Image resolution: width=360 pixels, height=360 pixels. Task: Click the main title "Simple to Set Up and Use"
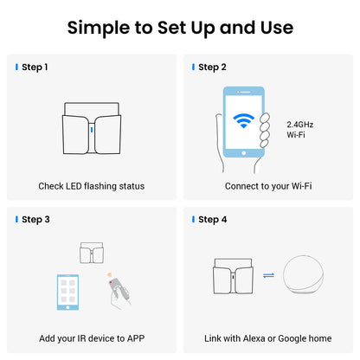click(180, 28)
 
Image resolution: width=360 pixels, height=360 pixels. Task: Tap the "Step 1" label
click(35, 67)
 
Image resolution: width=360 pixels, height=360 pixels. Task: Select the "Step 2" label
click(212, 67)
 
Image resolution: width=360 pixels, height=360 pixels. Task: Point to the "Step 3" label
click(35, 220)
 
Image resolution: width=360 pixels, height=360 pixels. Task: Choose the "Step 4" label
click(213, 220)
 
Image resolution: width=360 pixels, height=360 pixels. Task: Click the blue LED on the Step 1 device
click(92, 130)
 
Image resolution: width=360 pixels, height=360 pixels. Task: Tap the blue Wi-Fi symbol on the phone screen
click(244, 120)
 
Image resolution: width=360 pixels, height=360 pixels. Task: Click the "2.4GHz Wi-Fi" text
click(300, 130)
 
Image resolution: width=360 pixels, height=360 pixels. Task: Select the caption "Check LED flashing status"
click(92, 186)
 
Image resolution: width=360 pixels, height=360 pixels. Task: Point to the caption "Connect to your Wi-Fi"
click(268, 186)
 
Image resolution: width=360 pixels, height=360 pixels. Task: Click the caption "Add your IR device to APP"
click(92, 338)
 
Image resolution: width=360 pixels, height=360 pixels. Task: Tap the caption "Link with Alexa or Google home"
click(268, 338)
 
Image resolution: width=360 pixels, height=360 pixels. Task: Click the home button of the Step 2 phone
click(244, 153)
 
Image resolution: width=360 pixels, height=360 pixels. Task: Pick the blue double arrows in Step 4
click(268, 276)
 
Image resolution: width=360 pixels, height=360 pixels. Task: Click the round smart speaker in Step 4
click(303, 274)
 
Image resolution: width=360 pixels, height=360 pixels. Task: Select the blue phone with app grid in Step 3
click(67, 292)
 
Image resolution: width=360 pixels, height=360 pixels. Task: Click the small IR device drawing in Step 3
click(92, 253)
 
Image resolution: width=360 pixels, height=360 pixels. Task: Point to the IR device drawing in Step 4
click(234, 276)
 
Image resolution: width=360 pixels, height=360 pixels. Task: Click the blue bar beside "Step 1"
click(16, 67)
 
